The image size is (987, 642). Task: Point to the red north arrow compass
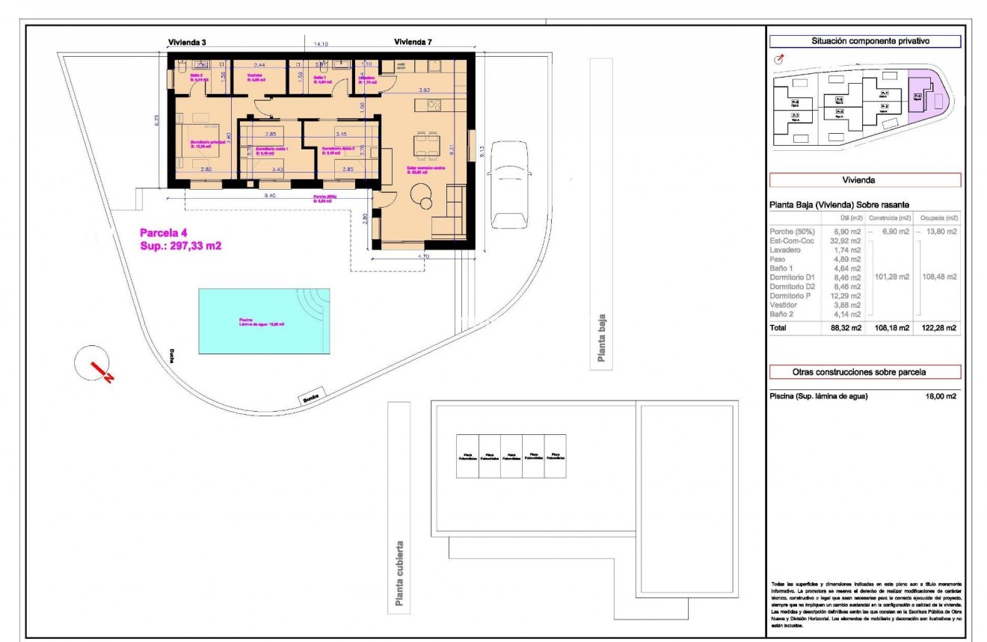click(x=93, y=364)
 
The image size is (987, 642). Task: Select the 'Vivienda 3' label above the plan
click(x=187, y=43)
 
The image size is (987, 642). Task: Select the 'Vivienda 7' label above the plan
click(x=413, y=43)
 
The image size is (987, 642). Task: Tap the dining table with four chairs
click(x=427, y=145)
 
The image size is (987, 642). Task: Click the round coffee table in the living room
click(x=427, y=202)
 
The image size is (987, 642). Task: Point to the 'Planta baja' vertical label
click(x=600, y=337)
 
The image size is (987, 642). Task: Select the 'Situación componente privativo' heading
click(x=864, y=42)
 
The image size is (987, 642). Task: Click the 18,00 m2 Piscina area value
click(x=941, y=396)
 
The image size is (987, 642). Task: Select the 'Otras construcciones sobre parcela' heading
click(x=864, y=371)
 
